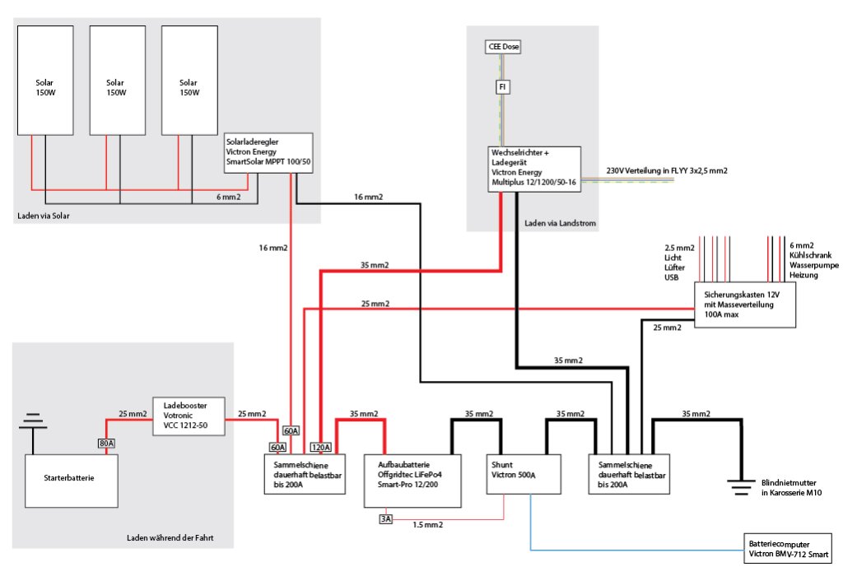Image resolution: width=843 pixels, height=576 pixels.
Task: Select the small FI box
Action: pos(502,86)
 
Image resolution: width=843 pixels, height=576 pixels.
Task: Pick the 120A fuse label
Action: pos(320,448)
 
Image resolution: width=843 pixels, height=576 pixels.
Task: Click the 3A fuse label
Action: pos(385,518)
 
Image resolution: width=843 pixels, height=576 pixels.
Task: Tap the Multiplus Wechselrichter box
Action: pos(534,170)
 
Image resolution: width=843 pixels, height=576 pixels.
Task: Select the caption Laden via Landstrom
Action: pos(559,223)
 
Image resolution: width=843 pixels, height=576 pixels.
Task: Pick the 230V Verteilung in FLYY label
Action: pos(667,170)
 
